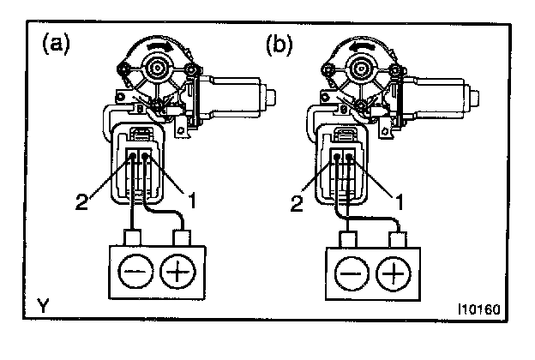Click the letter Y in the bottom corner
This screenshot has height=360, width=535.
click(x=43, y=305)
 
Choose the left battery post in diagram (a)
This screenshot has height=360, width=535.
click(x=133, y=237)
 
